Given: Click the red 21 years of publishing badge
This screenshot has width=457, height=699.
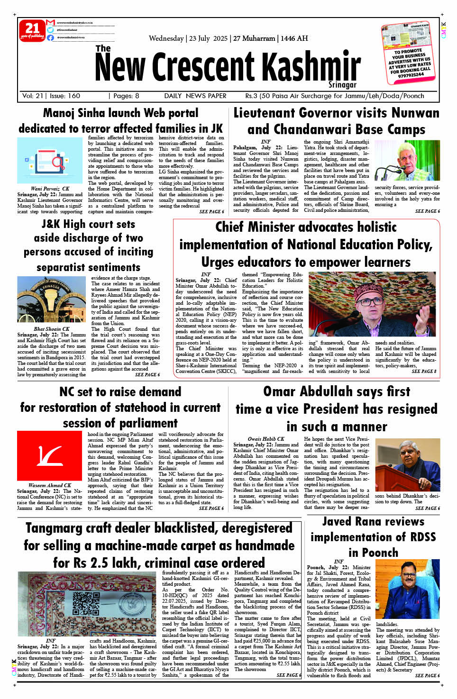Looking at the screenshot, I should point(32,30).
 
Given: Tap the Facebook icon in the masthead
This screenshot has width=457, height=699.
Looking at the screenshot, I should point(50,37).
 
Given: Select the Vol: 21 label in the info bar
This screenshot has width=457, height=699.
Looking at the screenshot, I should point(33,96).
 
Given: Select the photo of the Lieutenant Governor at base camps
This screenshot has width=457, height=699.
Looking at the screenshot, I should point(407,161).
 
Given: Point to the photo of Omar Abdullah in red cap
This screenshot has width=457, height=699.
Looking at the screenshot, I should point(372,297).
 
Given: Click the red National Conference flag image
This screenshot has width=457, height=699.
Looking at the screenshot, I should point(49,455).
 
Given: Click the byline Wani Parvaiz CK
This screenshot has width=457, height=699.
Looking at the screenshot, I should point(50,189).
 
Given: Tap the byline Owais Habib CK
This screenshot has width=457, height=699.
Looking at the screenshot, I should point(265,439).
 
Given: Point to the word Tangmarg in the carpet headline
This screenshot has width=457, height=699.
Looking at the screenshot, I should point(56,528).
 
